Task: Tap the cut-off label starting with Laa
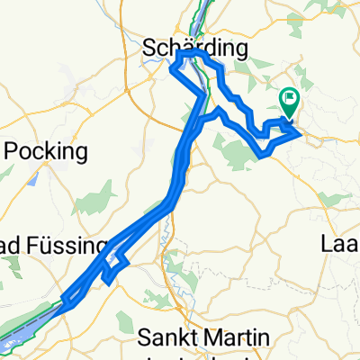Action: (x=340, y=243)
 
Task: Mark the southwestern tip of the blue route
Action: (x=64, y=301)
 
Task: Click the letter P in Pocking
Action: (x=13, y=149)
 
